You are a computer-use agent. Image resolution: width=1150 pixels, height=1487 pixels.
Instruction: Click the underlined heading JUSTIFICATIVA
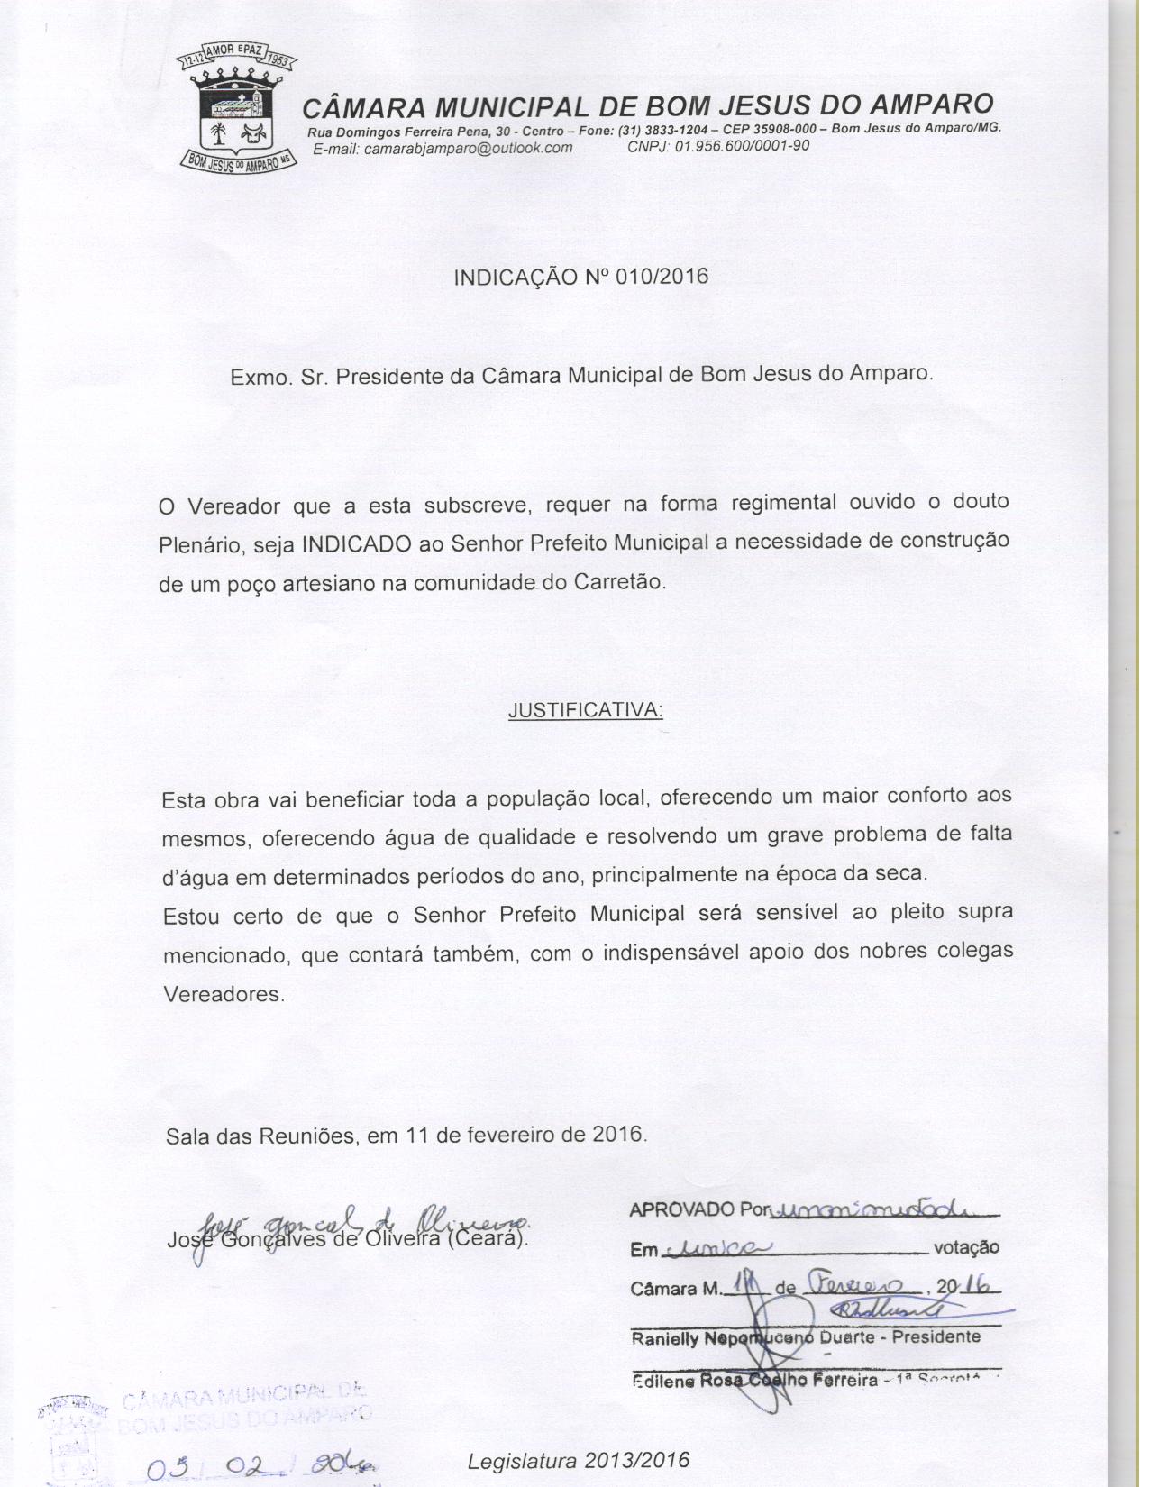[586, 710]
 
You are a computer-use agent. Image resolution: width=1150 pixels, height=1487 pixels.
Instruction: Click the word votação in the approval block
[966, 1248]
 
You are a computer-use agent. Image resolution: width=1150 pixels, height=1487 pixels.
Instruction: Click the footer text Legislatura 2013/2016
[579, 1459]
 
